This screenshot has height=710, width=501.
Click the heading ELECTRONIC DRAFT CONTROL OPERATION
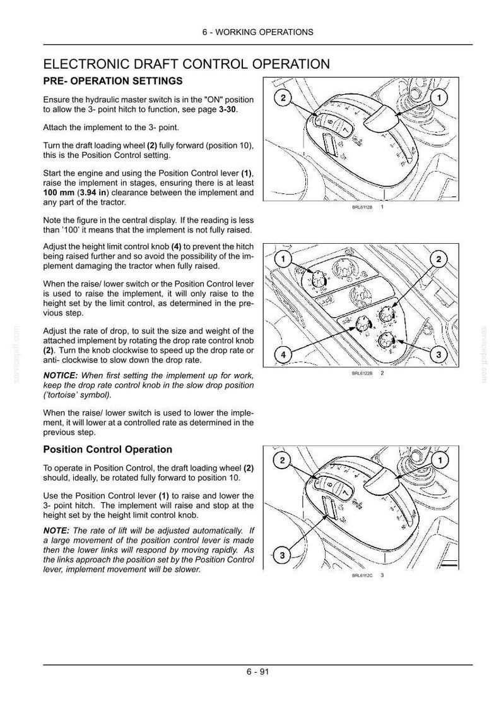[x=186, y=64]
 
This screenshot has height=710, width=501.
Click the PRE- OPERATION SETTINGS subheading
[x=112, y=81]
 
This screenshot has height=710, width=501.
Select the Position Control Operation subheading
[x=108, y=450]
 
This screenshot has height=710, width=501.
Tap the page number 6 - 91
[x=257, y=672]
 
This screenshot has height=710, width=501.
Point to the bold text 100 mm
[x=59, y=193]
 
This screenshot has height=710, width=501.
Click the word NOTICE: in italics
[x=61, y=376]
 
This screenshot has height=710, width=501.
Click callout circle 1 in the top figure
[x=440, y=97]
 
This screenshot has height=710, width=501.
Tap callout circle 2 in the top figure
[x=283, y=99]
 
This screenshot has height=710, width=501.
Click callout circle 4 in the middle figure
[x=283, y=354]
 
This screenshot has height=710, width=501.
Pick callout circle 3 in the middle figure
[x=438, y=354]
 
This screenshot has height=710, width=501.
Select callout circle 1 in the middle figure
[x=283, y=259]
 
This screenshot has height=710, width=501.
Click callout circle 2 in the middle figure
[x=438, y=259]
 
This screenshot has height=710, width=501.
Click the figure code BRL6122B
[x=362, y=373]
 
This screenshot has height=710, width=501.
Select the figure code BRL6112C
[x=362, y=575]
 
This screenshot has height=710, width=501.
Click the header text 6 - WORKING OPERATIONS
[x=257, y=32]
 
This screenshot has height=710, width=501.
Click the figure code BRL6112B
[x=362, y=207]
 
